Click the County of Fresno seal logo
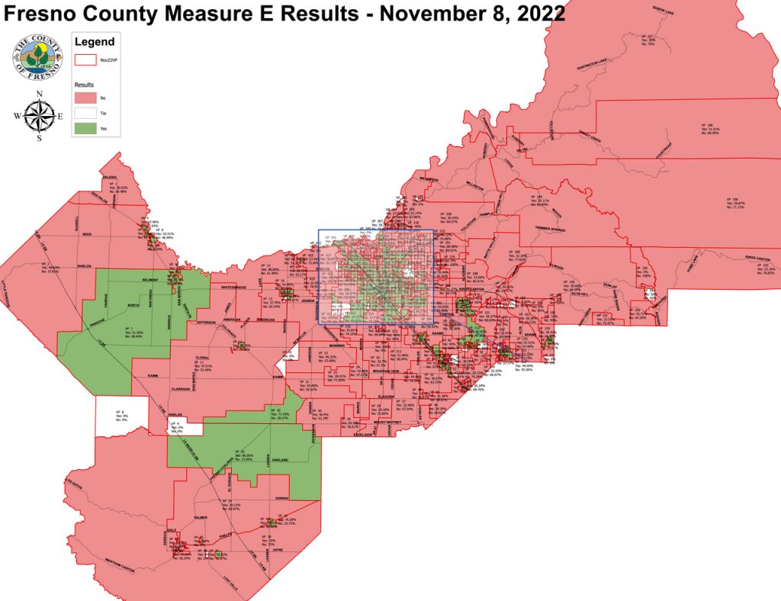pyautogui.click(x=32, y=58)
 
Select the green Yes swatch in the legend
pyautogui.click(x=85, y=128)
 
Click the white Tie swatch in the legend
pyautogui.click(x=85, y=112)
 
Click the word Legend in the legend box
pyautogui.click(x=95, y=42)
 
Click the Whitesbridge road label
pyautogui.click(x=233, y=288)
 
